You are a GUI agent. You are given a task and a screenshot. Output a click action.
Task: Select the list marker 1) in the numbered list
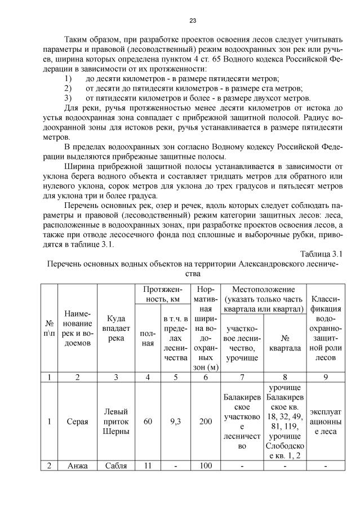point(68,78)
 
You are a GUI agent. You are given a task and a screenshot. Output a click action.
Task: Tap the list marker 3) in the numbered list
point(68,97)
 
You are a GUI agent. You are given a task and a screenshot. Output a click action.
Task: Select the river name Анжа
point(78,467)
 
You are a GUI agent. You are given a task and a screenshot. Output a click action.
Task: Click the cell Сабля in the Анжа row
point(115,467)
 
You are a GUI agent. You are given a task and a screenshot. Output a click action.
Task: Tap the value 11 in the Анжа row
point(148,467)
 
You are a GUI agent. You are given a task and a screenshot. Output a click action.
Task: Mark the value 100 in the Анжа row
point(206,467)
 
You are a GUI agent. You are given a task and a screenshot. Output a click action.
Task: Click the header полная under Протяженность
point(148,338)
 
